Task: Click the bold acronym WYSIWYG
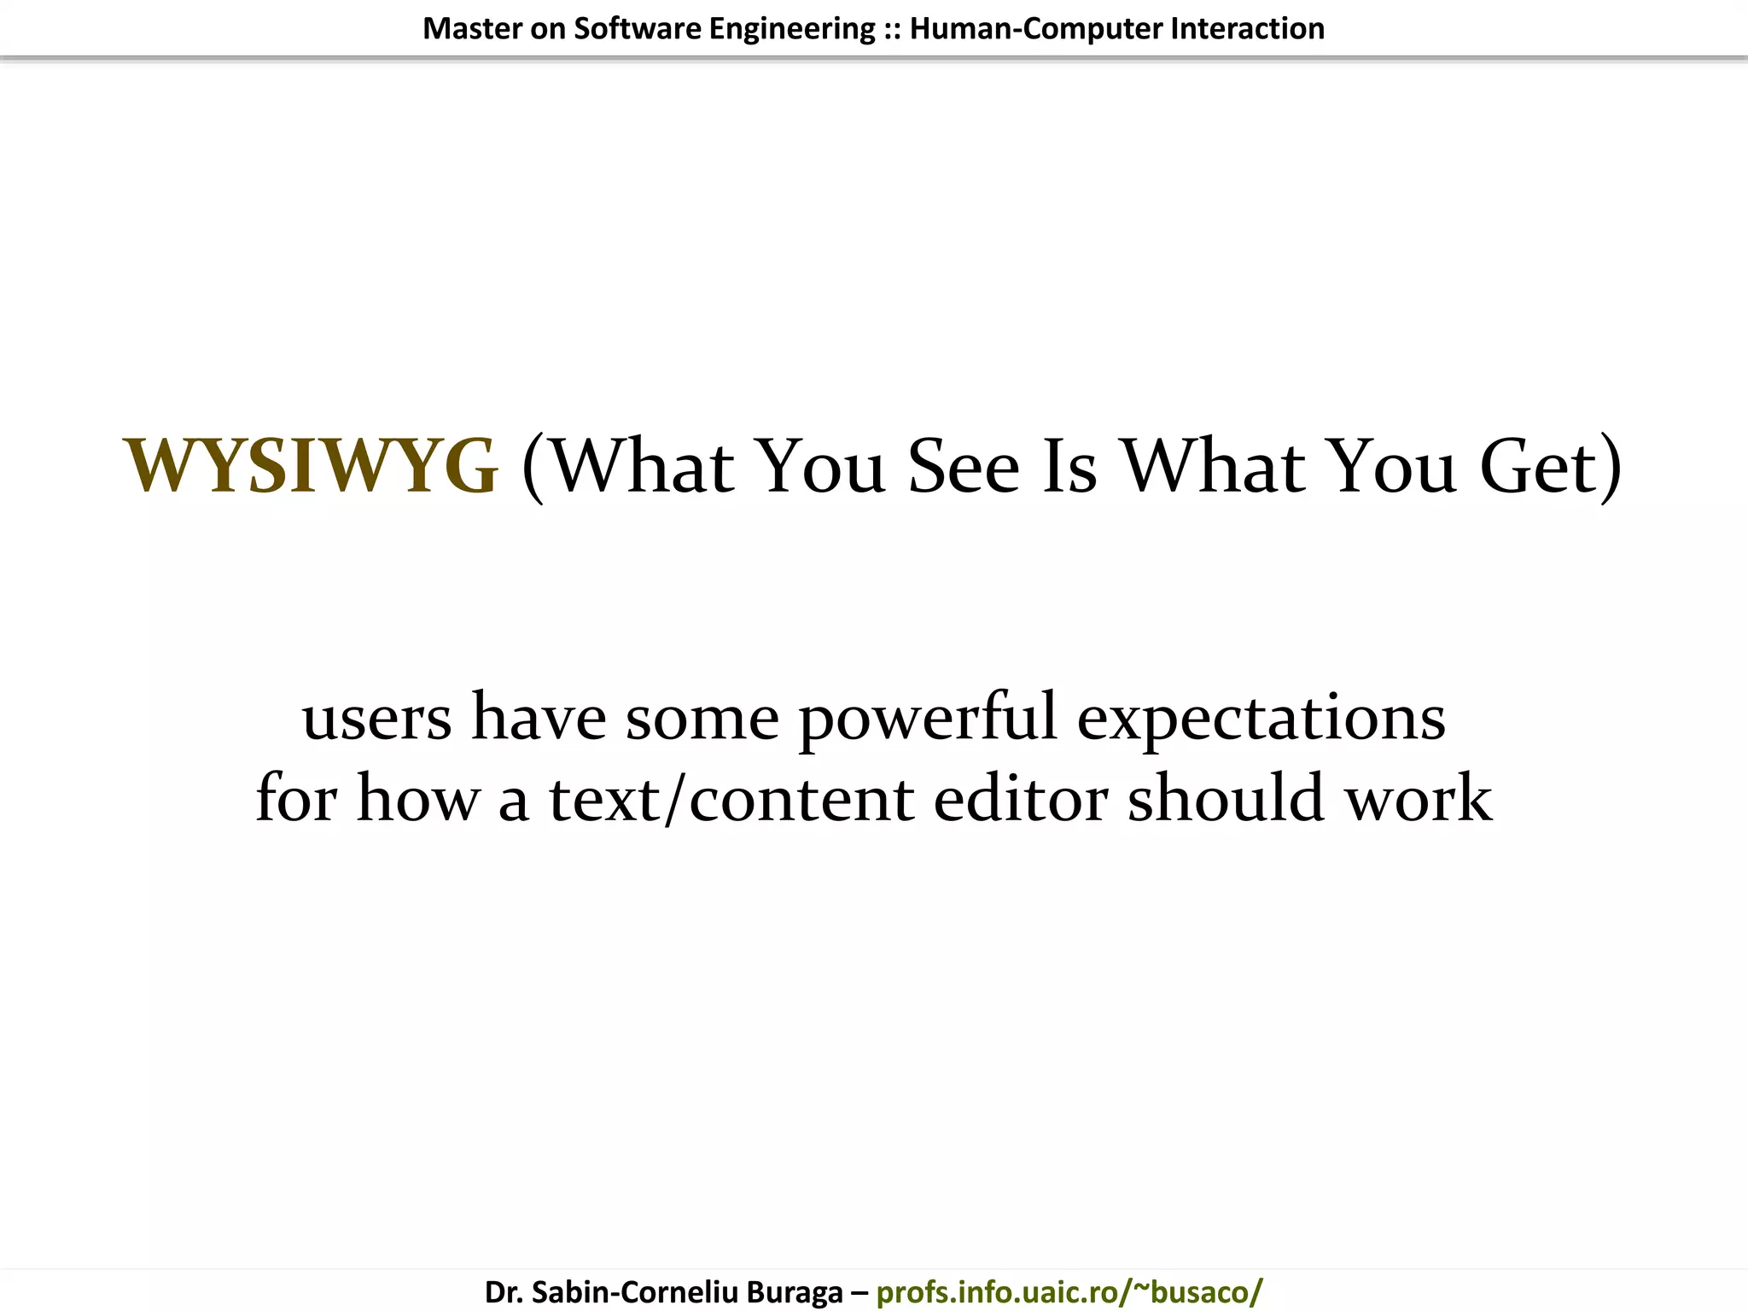coord(311,466)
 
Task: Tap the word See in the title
coord(964,466)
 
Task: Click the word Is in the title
coord(1069,466)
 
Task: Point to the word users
coord(376,717)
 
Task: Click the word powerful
coord(928,717)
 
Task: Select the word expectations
coord(1261,717)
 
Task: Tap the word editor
coord(1021,798)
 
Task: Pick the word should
coord(1227,798)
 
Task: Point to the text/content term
coord(731,798)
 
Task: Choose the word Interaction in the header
coord(1248,29)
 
